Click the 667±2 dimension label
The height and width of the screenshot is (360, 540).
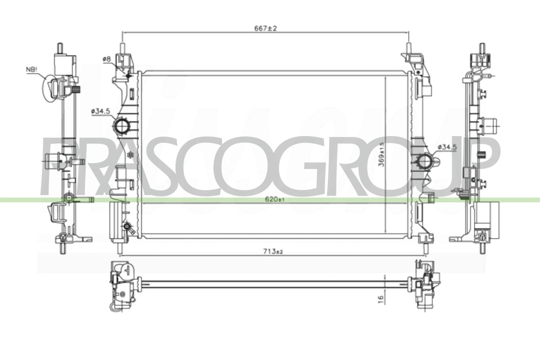pos(266,28)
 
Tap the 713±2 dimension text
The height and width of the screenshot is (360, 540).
pos(273,252)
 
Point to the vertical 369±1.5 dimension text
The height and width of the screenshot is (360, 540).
pos(381,154)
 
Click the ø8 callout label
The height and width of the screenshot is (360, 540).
pos(106,59)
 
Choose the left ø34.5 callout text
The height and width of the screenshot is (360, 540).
pos(100,111)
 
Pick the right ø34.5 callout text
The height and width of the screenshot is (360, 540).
pos(447,147)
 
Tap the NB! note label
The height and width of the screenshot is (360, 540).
pos(32,70)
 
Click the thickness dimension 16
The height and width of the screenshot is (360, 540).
pos(381,299)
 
